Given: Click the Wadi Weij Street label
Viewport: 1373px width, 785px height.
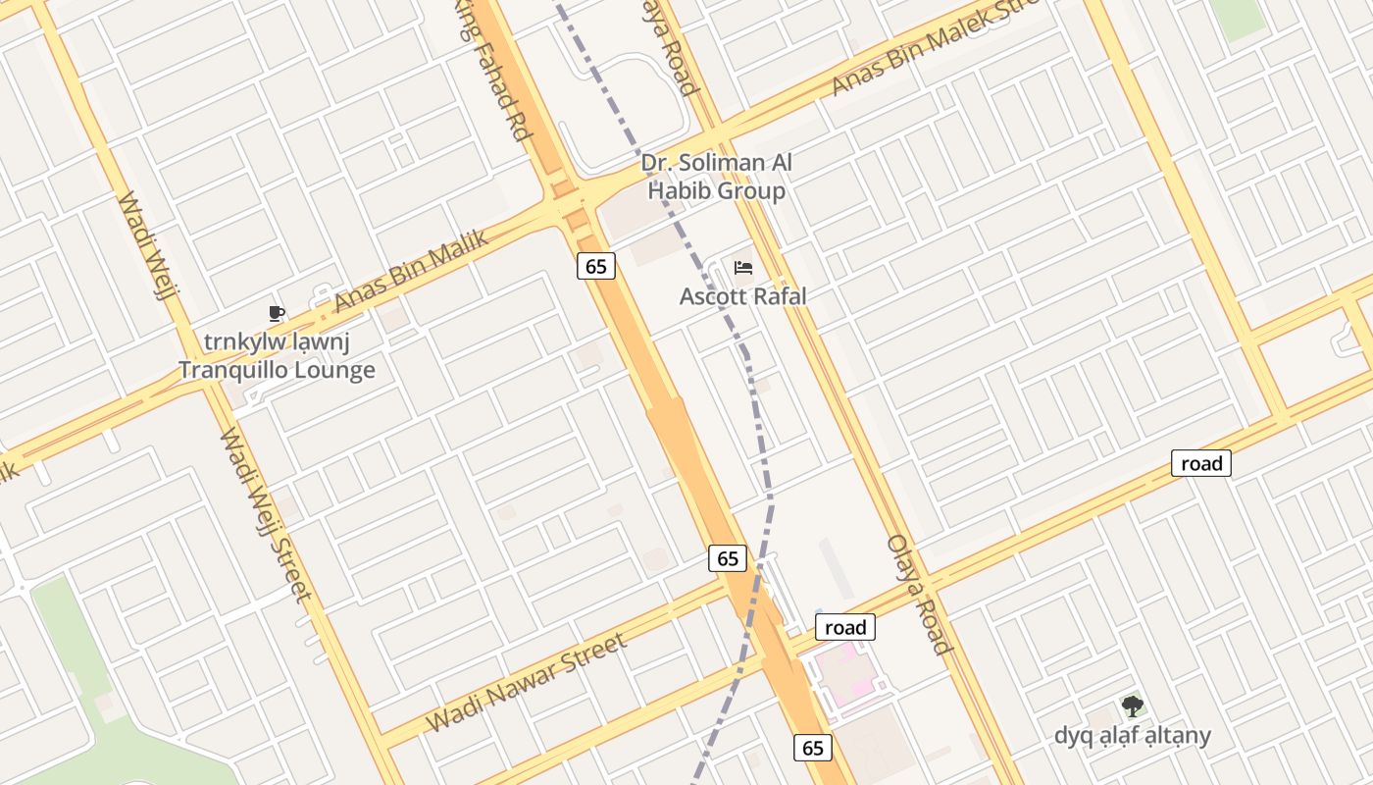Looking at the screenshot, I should click(x=266, y=514).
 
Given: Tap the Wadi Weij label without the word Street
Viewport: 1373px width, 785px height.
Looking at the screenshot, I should click(x=147, y=243).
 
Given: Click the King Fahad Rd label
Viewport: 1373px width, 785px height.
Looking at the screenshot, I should click(x=495, y=69).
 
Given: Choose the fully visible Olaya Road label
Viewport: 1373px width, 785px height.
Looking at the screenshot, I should click(x=918, y=594).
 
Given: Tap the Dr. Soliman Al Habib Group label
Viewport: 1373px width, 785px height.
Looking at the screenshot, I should click(x=717, y=177).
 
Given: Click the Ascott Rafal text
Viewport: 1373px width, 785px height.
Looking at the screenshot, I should click(x=743, y=295).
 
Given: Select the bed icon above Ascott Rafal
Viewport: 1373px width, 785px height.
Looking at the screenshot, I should click(x=743, y=268).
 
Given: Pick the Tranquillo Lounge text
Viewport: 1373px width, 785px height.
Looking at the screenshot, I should click(x=277, y=370).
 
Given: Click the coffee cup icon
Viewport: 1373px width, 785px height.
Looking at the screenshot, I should click(x=277, y=314).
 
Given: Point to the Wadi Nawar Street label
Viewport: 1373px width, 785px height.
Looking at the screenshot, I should click(x=526, y=684).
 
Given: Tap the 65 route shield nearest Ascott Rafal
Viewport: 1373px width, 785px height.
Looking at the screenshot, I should click(x=596, y=265).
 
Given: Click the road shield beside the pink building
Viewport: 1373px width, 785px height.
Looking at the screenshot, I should click(x=845, y=627).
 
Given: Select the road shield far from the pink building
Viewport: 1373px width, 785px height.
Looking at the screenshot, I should click(x=1201, y=463).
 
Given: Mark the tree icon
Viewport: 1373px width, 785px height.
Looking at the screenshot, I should click(x=1133, y=706).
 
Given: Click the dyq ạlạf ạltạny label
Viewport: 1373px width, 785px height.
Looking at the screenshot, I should click(x=1133, y=735).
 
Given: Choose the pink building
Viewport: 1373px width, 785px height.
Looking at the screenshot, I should click(x=846, y=675).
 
